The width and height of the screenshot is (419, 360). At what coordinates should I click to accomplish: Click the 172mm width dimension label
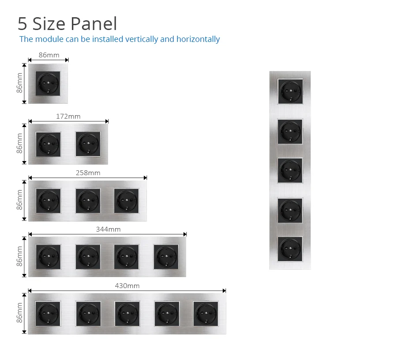point(68,116)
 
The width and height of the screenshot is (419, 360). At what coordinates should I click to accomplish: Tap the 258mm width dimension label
point(88,173)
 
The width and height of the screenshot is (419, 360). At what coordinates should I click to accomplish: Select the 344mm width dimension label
point(108,229)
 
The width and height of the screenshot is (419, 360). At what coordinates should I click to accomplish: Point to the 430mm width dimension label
point(127,286)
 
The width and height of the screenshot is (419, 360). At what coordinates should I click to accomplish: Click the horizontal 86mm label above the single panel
point(49,55)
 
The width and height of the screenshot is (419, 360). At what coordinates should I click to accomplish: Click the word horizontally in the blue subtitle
point(198,39)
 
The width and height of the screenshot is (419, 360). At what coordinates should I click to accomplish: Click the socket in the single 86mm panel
point(48,83)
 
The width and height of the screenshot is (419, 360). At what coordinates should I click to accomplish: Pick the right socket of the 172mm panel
point(88,144)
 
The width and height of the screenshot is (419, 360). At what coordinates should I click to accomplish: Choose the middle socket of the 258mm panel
point(87,201)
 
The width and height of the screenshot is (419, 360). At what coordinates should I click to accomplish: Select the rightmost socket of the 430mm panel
point(206,314)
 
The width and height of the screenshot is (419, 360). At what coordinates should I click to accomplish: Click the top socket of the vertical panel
point(290,92)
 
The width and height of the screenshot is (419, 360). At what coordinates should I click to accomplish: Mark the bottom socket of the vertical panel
point(290,249)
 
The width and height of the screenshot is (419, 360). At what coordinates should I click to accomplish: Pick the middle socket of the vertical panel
point(290,170)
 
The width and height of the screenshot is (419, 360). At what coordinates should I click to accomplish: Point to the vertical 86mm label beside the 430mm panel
point(20,313)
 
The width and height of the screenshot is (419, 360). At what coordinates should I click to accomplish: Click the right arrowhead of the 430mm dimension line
point(224,291)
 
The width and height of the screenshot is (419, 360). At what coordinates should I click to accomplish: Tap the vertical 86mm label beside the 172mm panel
point(20,143)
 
